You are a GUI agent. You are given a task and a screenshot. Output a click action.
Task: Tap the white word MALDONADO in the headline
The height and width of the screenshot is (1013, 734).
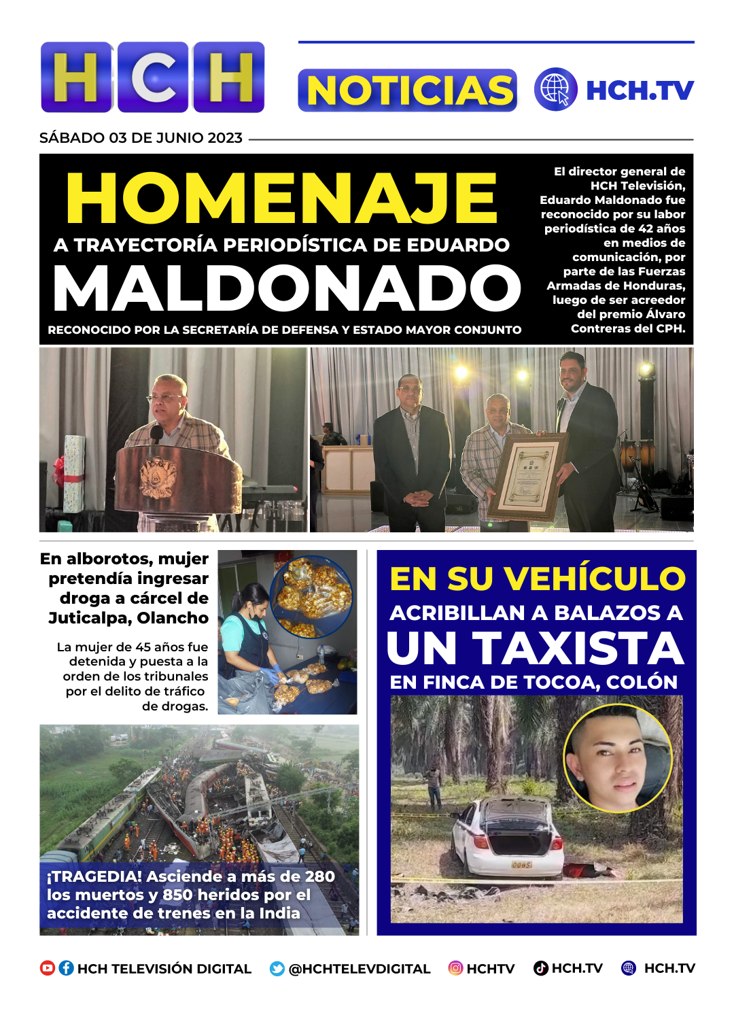287,288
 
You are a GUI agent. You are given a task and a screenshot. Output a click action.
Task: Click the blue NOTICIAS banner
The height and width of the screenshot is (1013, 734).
407,90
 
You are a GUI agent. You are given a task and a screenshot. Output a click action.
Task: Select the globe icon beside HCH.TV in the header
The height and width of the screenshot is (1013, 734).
555,90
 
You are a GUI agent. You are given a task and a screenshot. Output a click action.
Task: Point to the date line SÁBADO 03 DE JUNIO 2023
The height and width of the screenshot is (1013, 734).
141,138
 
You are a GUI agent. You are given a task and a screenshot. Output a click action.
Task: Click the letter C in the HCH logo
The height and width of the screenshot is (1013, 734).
153,77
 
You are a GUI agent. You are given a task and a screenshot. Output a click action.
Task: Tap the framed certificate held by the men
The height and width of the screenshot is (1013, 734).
529,475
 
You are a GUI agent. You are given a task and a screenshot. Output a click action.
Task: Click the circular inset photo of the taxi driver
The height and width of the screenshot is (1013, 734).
617,757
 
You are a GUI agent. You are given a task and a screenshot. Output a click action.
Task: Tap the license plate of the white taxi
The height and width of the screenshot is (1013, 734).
521,865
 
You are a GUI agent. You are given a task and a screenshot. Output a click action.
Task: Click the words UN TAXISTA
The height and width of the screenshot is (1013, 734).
536,649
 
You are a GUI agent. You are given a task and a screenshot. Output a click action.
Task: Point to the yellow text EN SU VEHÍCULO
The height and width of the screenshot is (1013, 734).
537,579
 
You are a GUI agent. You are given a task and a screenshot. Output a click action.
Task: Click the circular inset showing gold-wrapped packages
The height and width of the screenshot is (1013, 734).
311,596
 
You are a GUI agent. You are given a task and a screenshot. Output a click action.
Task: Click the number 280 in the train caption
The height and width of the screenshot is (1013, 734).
319,876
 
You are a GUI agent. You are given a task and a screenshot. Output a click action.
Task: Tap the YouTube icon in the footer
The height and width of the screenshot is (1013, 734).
48,968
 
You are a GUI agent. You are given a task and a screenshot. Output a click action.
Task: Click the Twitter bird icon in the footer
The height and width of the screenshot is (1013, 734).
277,969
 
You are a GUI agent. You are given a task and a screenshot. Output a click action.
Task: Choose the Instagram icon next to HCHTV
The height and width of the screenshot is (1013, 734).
455,968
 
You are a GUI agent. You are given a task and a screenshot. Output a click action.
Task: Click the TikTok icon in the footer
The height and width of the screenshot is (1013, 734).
541,968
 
